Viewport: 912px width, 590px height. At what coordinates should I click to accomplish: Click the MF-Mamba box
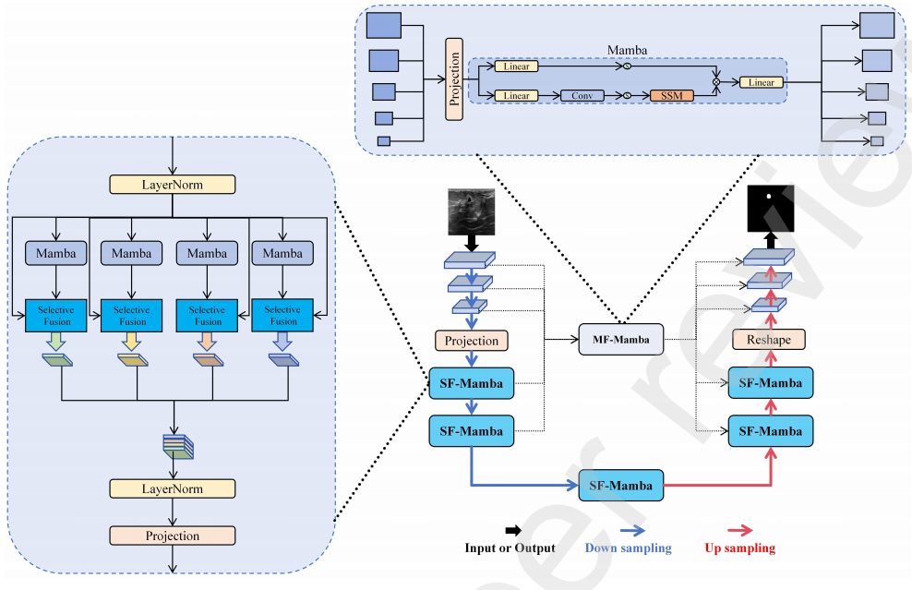[619, 340]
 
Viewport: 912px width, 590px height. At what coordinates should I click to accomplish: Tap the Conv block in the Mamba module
[582, 96]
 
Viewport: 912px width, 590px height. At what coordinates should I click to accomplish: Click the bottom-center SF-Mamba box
[621, 485]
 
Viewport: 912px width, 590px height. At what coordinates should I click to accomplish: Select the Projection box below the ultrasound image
[472, 341]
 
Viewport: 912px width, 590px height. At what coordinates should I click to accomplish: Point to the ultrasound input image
[472, 211]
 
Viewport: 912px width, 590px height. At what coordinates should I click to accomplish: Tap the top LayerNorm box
[172, 185]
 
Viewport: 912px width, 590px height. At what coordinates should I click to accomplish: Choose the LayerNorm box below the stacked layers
[172, 488]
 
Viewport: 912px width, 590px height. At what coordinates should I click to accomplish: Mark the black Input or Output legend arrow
[509, 531]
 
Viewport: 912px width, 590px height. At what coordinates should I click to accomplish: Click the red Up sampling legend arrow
[739, 531]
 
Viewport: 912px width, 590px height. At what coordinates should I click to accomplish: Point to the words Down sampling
[628, 548]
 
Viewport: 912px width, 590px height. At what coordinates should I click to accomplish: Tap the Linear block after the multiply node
[762, 83]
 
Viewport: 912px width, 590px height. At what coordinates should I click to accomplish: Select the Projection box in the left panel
[172, 536]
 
